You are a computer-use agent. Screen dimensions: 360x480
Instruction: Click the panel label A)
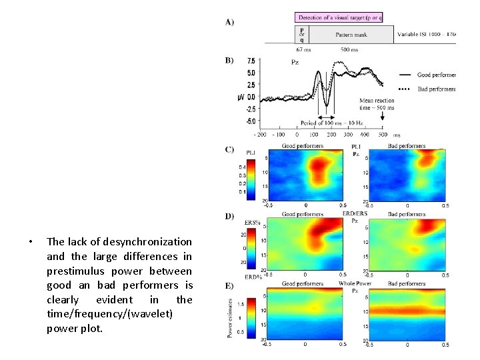pos(229,22)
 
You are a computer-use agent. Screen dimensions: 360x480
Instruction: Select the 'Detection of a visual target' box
pos(339,17)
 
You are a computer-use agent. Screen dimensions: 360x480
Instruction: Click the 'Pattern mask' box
pos(354,35)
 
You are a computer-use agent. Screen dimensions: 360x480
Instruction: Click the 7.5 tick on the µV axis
pos(251,61)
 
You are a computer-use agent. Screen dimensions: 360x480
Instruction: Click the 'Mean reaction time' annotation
pos(377,103)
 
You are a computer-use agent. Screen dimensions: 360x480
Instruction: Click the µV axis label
pos(241,97)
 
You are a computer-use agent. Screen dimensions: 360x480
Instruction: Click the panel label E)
pos(229,286)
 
